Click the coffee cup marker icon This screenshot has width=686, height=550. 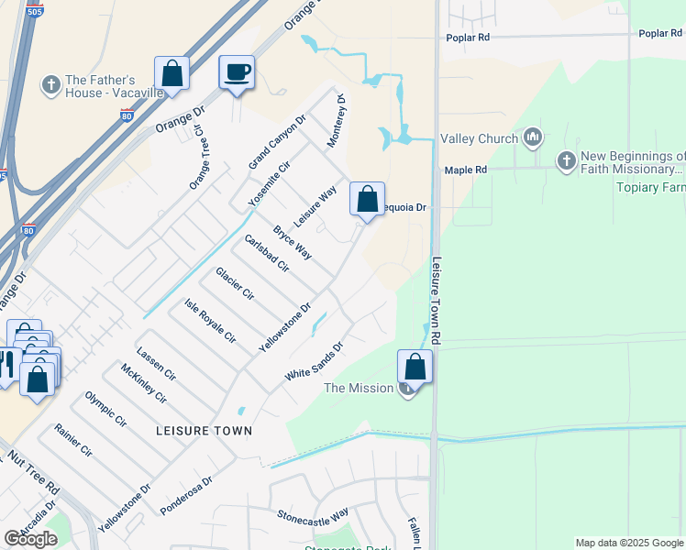click(x=237, y=72)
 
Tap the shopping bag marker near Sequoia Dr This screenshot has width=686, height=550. click(x=367, y=200)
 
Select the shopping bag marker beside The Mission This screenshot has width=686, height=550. click(x=415, y=368)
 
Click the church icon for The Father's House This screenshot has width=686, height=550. click(x=50, y=86)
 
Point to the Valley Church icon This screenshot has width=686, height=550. click(x=533, y=139)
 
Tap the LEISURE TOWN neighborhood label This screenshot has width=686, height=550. click(x=204, y=430)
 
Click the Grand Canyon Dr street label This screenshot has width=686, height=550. click(x=277, y=142)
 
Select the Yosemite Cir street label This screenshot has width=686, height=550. click(x=269, y=181)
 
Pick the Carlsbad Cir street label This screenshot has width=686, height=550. click(x=266, y=254)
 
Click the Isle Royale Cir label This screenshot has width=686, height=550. click(x=210, y=321)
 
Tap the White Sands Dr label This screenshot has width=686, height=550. click(x=314, y=362)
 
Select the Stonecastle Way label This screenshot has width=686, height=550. click(x=313, y=515)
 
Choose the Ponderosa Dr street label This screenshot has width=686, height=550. click(x=186, y=494)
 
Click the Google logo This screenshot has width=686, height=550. click(x=30, y=539)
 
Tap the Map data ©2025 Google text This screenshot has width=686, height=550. click(x=629, y=543)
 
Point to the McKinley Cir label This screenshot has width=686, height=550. click(x=142, y=384)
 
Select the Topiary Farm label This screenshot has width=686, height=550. click(x=652, y=187)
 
